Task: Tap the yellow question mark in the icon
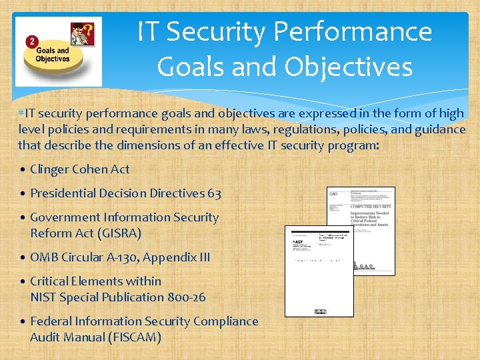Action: click(87, 30)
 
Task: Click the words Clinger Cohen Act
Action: click(80, 169)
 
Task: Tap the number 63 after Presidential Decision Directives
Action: click(214, 193)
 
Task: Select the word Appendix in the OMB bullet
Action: click(175, 257)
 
